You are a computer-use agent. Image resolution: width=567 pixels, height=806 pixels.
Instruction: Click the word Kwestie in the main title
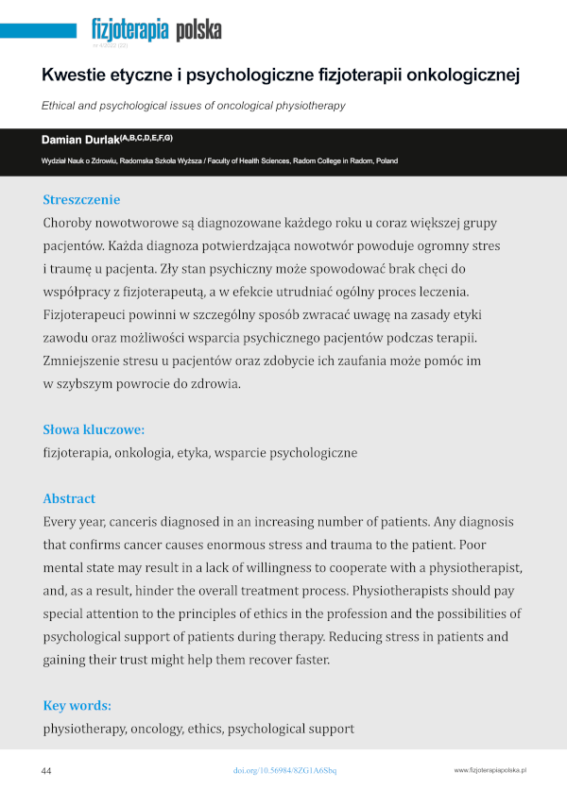click(x=77, y=75)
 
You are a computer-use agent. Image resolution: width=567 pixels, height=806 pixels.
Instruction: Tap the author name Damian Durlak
click(x=80, y=140)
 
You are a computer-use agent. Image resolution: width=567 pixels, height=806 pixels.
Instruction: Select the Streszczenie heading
click(x=81, y=199)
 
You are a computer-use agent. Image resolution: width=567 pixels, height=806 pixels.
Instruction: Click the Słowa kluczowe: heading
click(x=94, y=428)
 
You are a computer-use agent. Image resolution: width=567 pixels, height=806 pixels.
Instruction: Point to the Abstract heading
click(x=69, y=498)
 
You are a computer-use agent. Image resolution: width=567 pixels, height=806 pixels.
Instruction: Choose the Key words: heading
click(x=77, y=705)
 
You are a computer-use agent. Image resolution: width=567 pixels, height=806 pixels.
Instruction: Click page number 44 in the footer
click(x=46, y=771)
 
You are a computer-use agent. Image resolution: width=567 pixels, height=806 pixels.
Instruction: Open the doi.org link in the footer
click(x=284, y=771)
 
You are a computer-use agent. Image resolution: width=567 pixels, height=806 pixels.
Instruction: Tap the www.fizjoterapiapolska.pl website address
click(x=490, y=771)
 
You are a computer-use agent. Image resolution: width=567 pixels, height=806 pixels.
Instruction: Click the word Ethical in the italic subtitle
click(x=62, y=106)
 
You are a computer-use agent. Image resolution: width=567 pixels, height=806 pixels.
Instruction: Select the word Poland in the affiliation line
click(x=386, y=161)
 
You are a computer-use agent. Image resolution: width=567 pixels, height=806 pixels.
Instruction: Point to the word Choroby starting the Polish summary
click(x=69, y=224)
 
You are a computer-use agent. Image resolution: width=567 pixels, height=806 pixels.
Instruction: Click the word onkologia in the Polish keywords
click(x=144, y=453)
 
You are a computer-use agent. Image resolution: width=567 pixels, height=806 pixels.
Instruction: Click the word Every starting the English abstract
click(x=61, y=522)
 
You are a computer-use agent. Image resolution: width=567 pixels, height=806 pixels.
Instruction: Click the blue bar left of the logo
click(x=39, y=30)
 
